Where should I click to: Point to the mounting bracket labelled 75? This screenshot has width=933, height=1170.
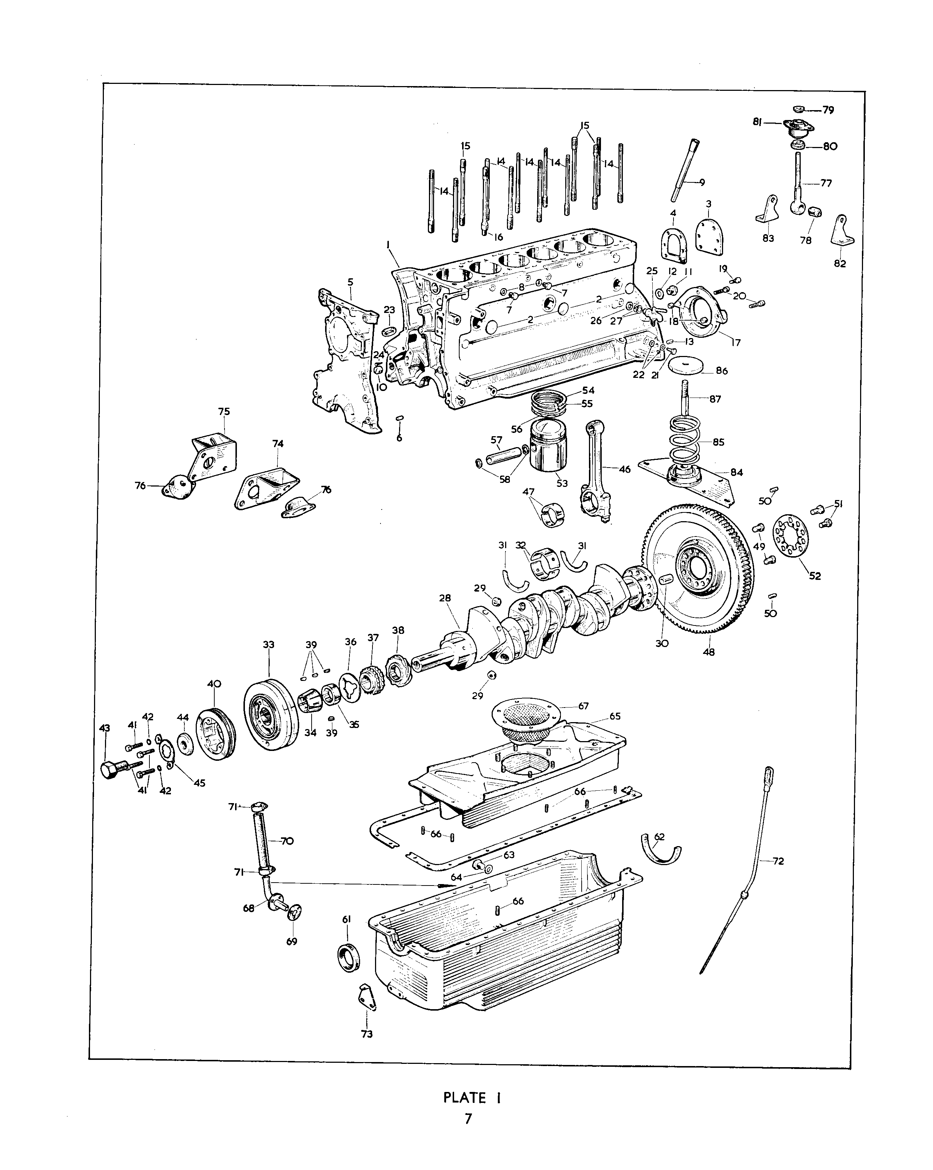(x=214, y=455)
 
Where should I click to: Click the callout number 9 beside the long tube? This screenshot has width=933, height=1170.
(x=702, y=182)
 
